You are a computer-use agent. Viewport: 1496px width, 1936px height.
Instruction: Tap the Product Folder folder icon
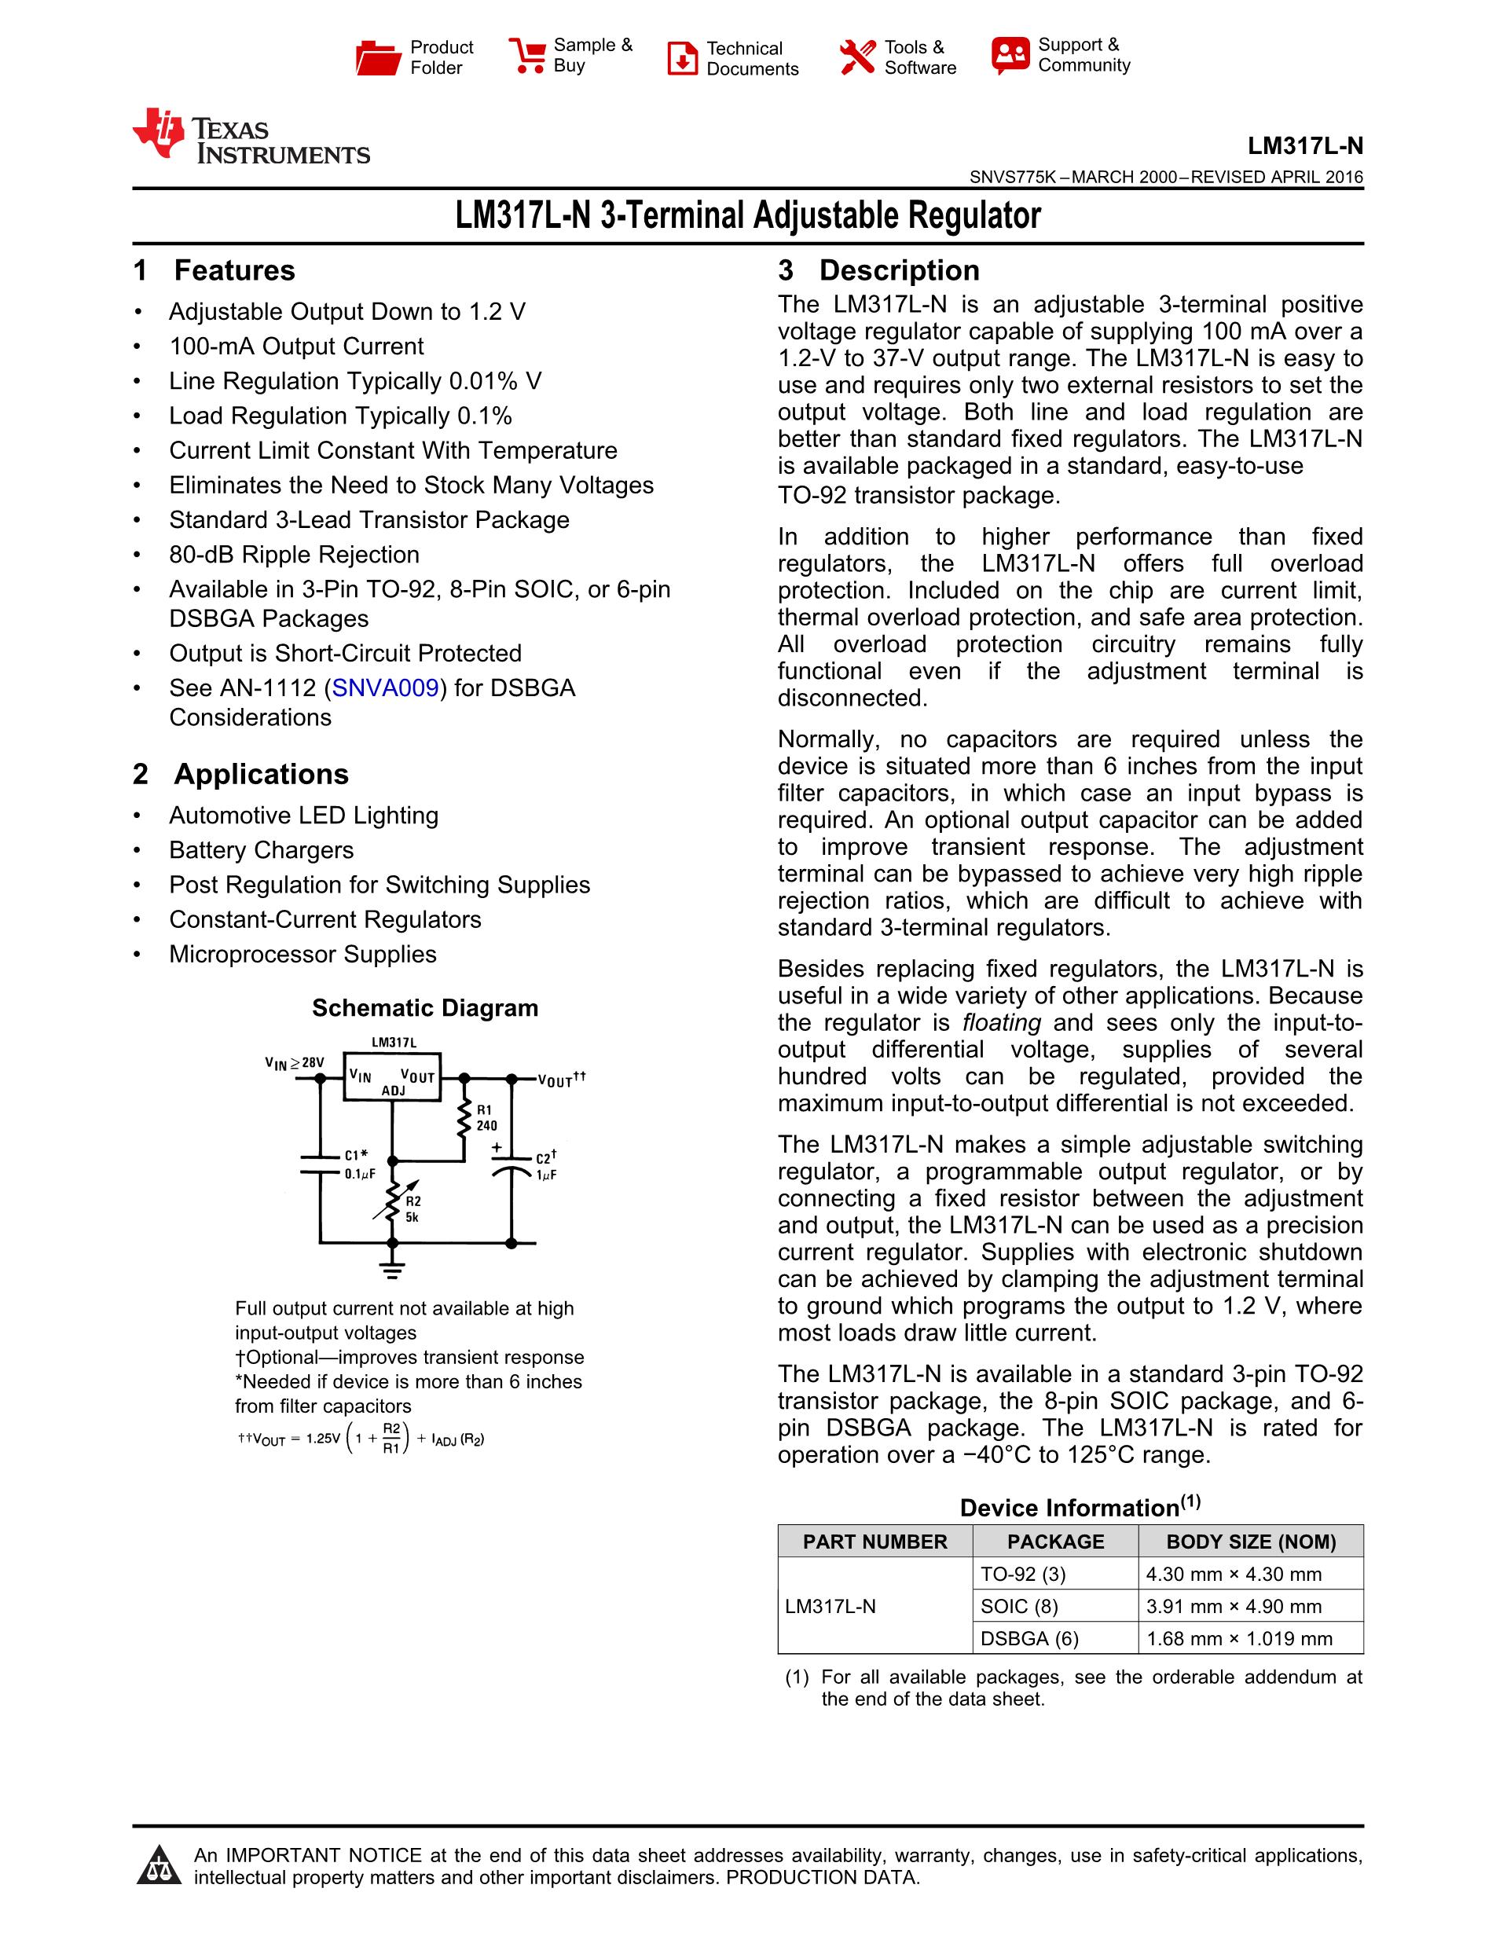pos(378,57)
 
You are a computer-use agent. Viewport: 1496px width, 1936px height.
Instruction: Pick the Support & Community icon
pos(1010,55)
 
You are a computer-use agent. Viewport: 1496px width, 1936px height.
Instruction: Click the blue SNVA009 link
pos(385,687)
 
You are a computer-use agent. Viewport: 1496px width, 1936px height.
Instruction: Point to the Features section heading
pos(234,270)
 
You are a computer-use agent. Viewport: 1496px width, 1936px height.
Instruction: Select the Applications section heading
pos(261,774)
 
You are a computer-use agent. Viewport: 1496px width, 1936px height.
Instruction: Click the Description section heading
pos(899,270)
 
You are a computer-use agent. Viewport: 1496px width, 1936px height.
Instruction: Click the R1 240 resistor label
pos(486,1118)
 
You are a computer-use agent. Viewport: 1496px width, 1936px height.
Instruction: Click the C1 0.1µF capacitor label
pos(359,1164)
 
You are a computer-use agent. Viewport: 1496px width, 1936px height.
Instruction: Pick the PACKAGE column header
pos(1054,1542)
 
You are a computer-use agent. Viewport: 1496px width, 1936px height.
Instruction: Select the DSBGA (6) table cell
pos(1029,1638)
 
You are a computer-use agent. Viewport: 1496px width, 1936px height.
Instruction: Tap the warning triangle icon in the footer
pos(159,1865)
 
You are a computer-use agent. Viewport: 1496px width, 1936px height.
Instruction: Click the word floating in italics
pos(1000,1022)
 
